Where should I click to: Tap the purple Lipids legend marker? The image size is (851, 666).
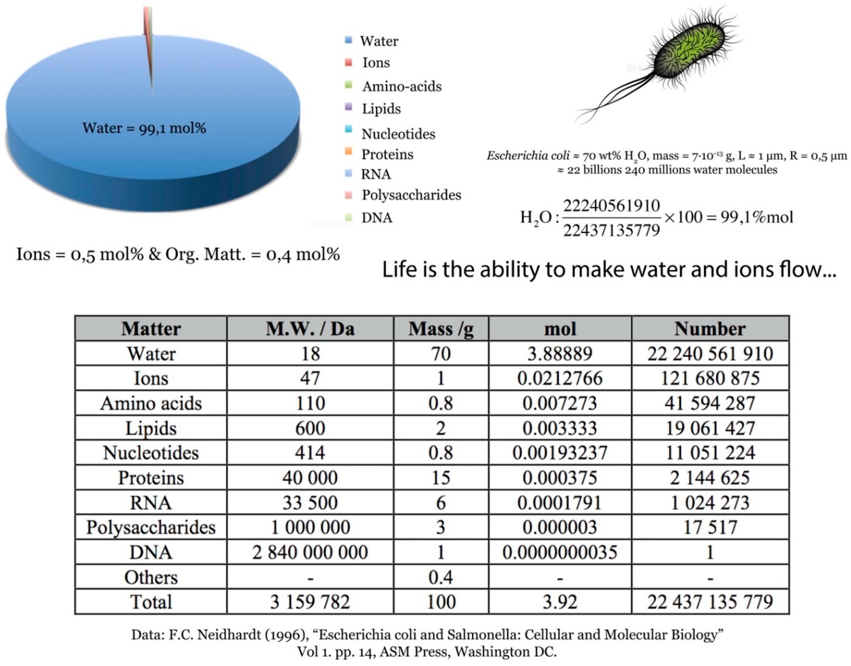[x=349, y=107]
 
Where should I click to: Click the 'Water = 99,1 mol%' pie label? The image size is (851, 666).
[x=144, y=128]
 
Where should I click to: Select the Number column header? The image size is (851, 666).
[x=710, y=329]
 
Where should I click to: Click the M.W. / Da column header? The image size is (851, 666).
[x=310, y=329]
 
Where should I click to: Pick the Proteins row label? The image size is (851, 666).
[x=151, y=478]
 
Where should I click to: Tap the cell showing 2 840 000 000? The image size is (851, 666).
[x=310, y=552]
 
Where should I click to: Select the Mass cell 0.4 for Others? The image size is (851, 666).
[x=441, y=577]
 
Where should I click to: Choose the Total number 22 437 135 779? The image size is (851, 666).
[x=710, y=602]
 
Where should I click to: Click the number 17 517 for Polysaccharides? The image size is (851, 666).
[x=710, y=527]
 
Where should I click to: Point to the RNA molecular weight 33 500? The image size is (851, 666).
[x=310, y=503]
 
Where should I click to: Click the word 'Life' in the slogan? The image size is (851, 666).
[x=398, y=270]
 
